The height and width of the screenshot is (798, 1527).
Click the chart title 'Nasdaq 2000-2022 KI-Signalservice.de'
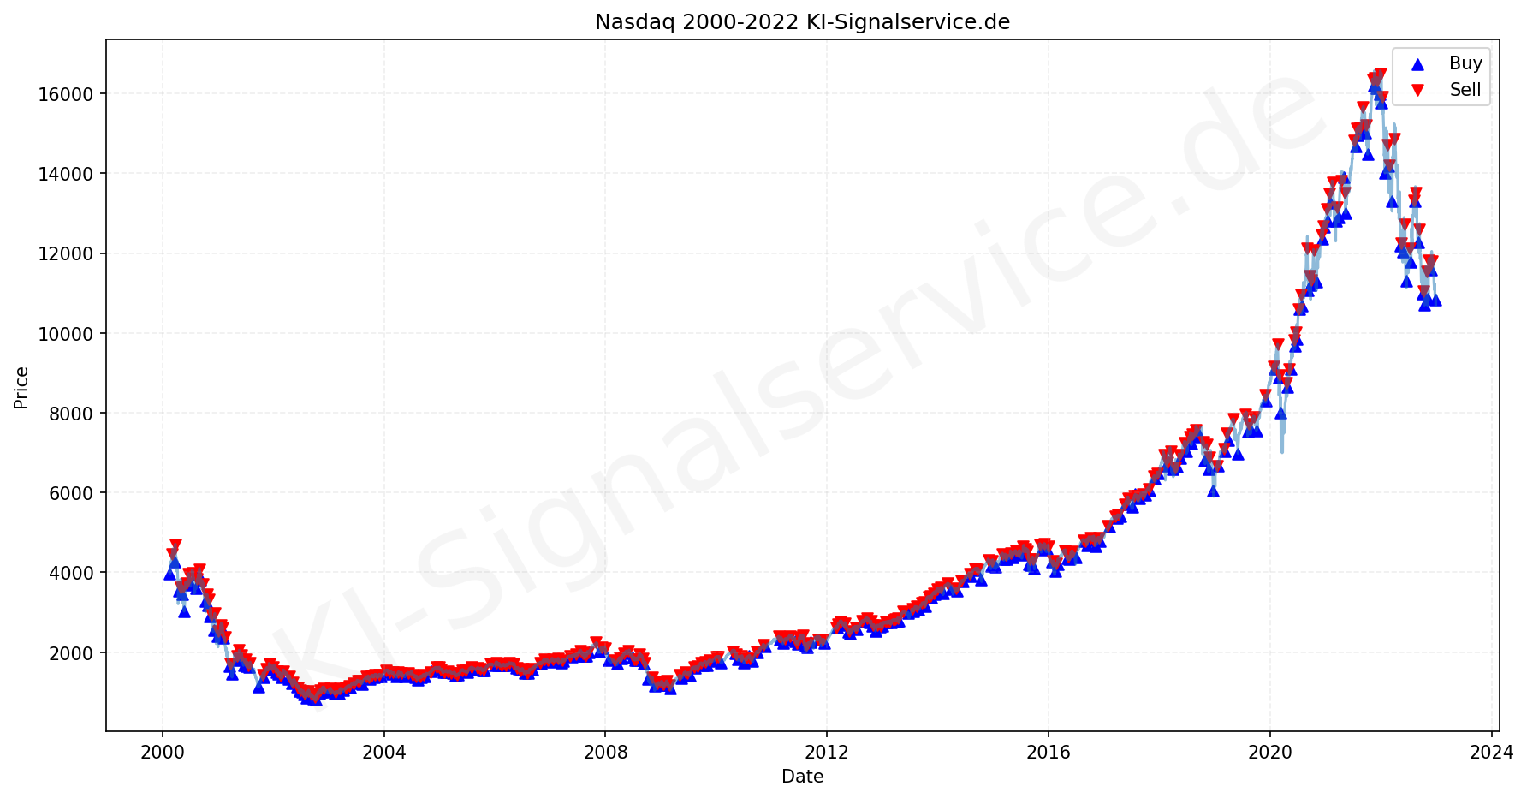pos(802,22)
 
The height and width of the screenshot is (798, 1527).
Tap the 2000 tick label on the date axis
pos(162,753)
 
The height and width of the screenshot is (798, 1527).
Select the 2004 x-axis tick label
pos(383,753)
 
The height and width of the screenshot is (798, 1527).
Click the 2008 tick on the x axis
pos(605,753)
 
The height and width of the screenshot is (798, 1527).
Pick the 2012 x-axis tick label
pos(827,753)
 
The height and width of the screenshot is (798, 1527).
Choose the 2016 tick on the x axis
pos(1049,753)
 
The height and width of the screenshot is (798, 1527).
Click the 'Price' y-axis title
pos(21,388)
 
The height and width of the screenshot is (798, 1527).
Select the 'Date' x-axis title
pos(802,777)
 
